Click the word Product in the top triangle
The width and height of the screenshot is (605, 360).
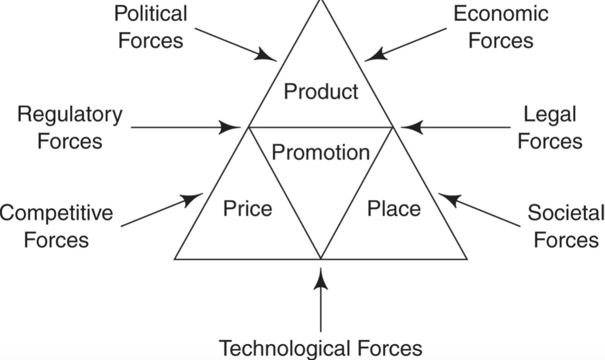pos(321,92)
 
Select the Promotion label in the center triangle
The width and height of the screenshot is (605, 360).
pos(321,152)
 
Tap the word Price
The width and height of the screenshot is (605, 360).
pos(247,209)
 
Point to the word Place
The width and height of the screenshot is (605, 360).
pos(394,209)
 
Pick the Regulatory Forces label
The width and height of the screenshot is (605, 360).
pos(70,128)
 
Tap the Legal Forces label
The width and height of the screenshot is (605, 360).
pos(550,128)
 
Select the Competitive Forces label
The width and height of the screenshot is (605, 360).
pos(56,226)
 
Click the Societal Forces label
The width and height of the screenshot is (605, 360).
pos(566,226)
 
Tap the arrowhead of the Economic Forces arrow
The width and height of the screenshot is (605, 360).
pos(373,55)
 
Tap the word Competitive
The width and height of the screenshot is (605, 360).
pos(56,213)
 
